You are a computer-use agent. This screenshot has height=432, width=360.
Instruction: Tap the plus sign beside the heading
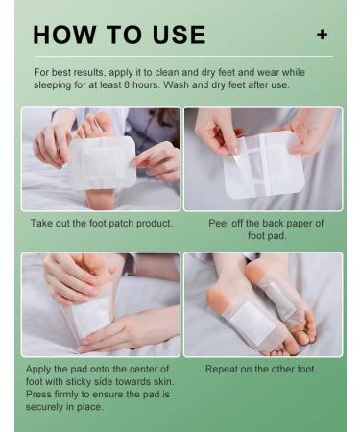322,35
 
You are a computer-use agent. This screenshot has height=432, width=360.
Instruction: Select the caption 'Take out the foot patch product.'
101,223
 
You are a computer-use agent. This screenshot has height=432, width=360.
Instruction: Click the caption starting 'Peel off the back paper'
266,223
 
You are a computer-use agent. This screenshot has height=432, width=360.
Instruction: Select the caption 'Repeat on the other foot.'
261,369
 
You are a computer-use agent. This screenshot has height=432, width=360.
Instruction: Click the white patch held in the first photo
100,161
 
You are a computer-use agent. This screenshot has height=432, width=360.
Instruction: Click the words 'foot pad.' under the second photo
266,235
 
